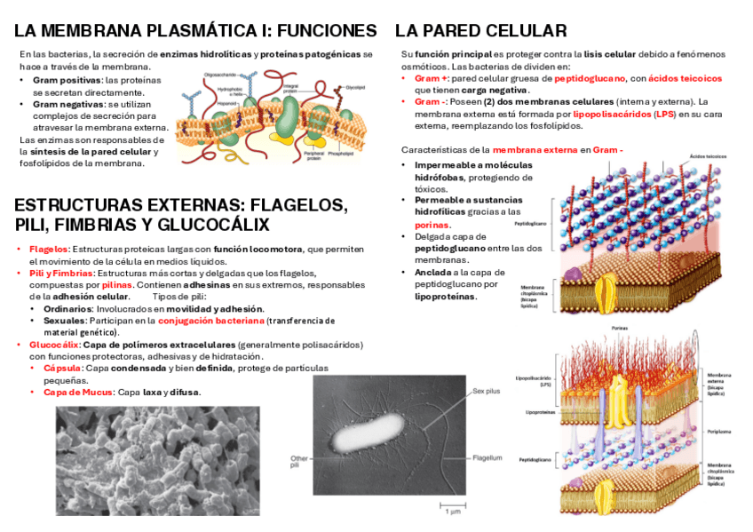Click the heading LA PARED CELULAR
pos(480,31)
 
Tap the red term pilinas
pos(118,284)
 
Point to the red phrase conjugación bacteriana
pos(211,320)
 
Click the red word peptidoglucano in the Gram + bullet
pos(590,78)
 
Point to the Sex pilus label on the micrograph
pos(487,390)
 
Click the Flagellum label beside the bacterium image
pos(487,458)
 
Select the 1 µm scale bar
pos(451,506)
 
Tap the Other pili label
pos(299,462)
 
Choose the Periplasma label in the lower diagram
pos(718,432)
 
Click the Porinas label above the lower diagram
pos(621,328)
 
